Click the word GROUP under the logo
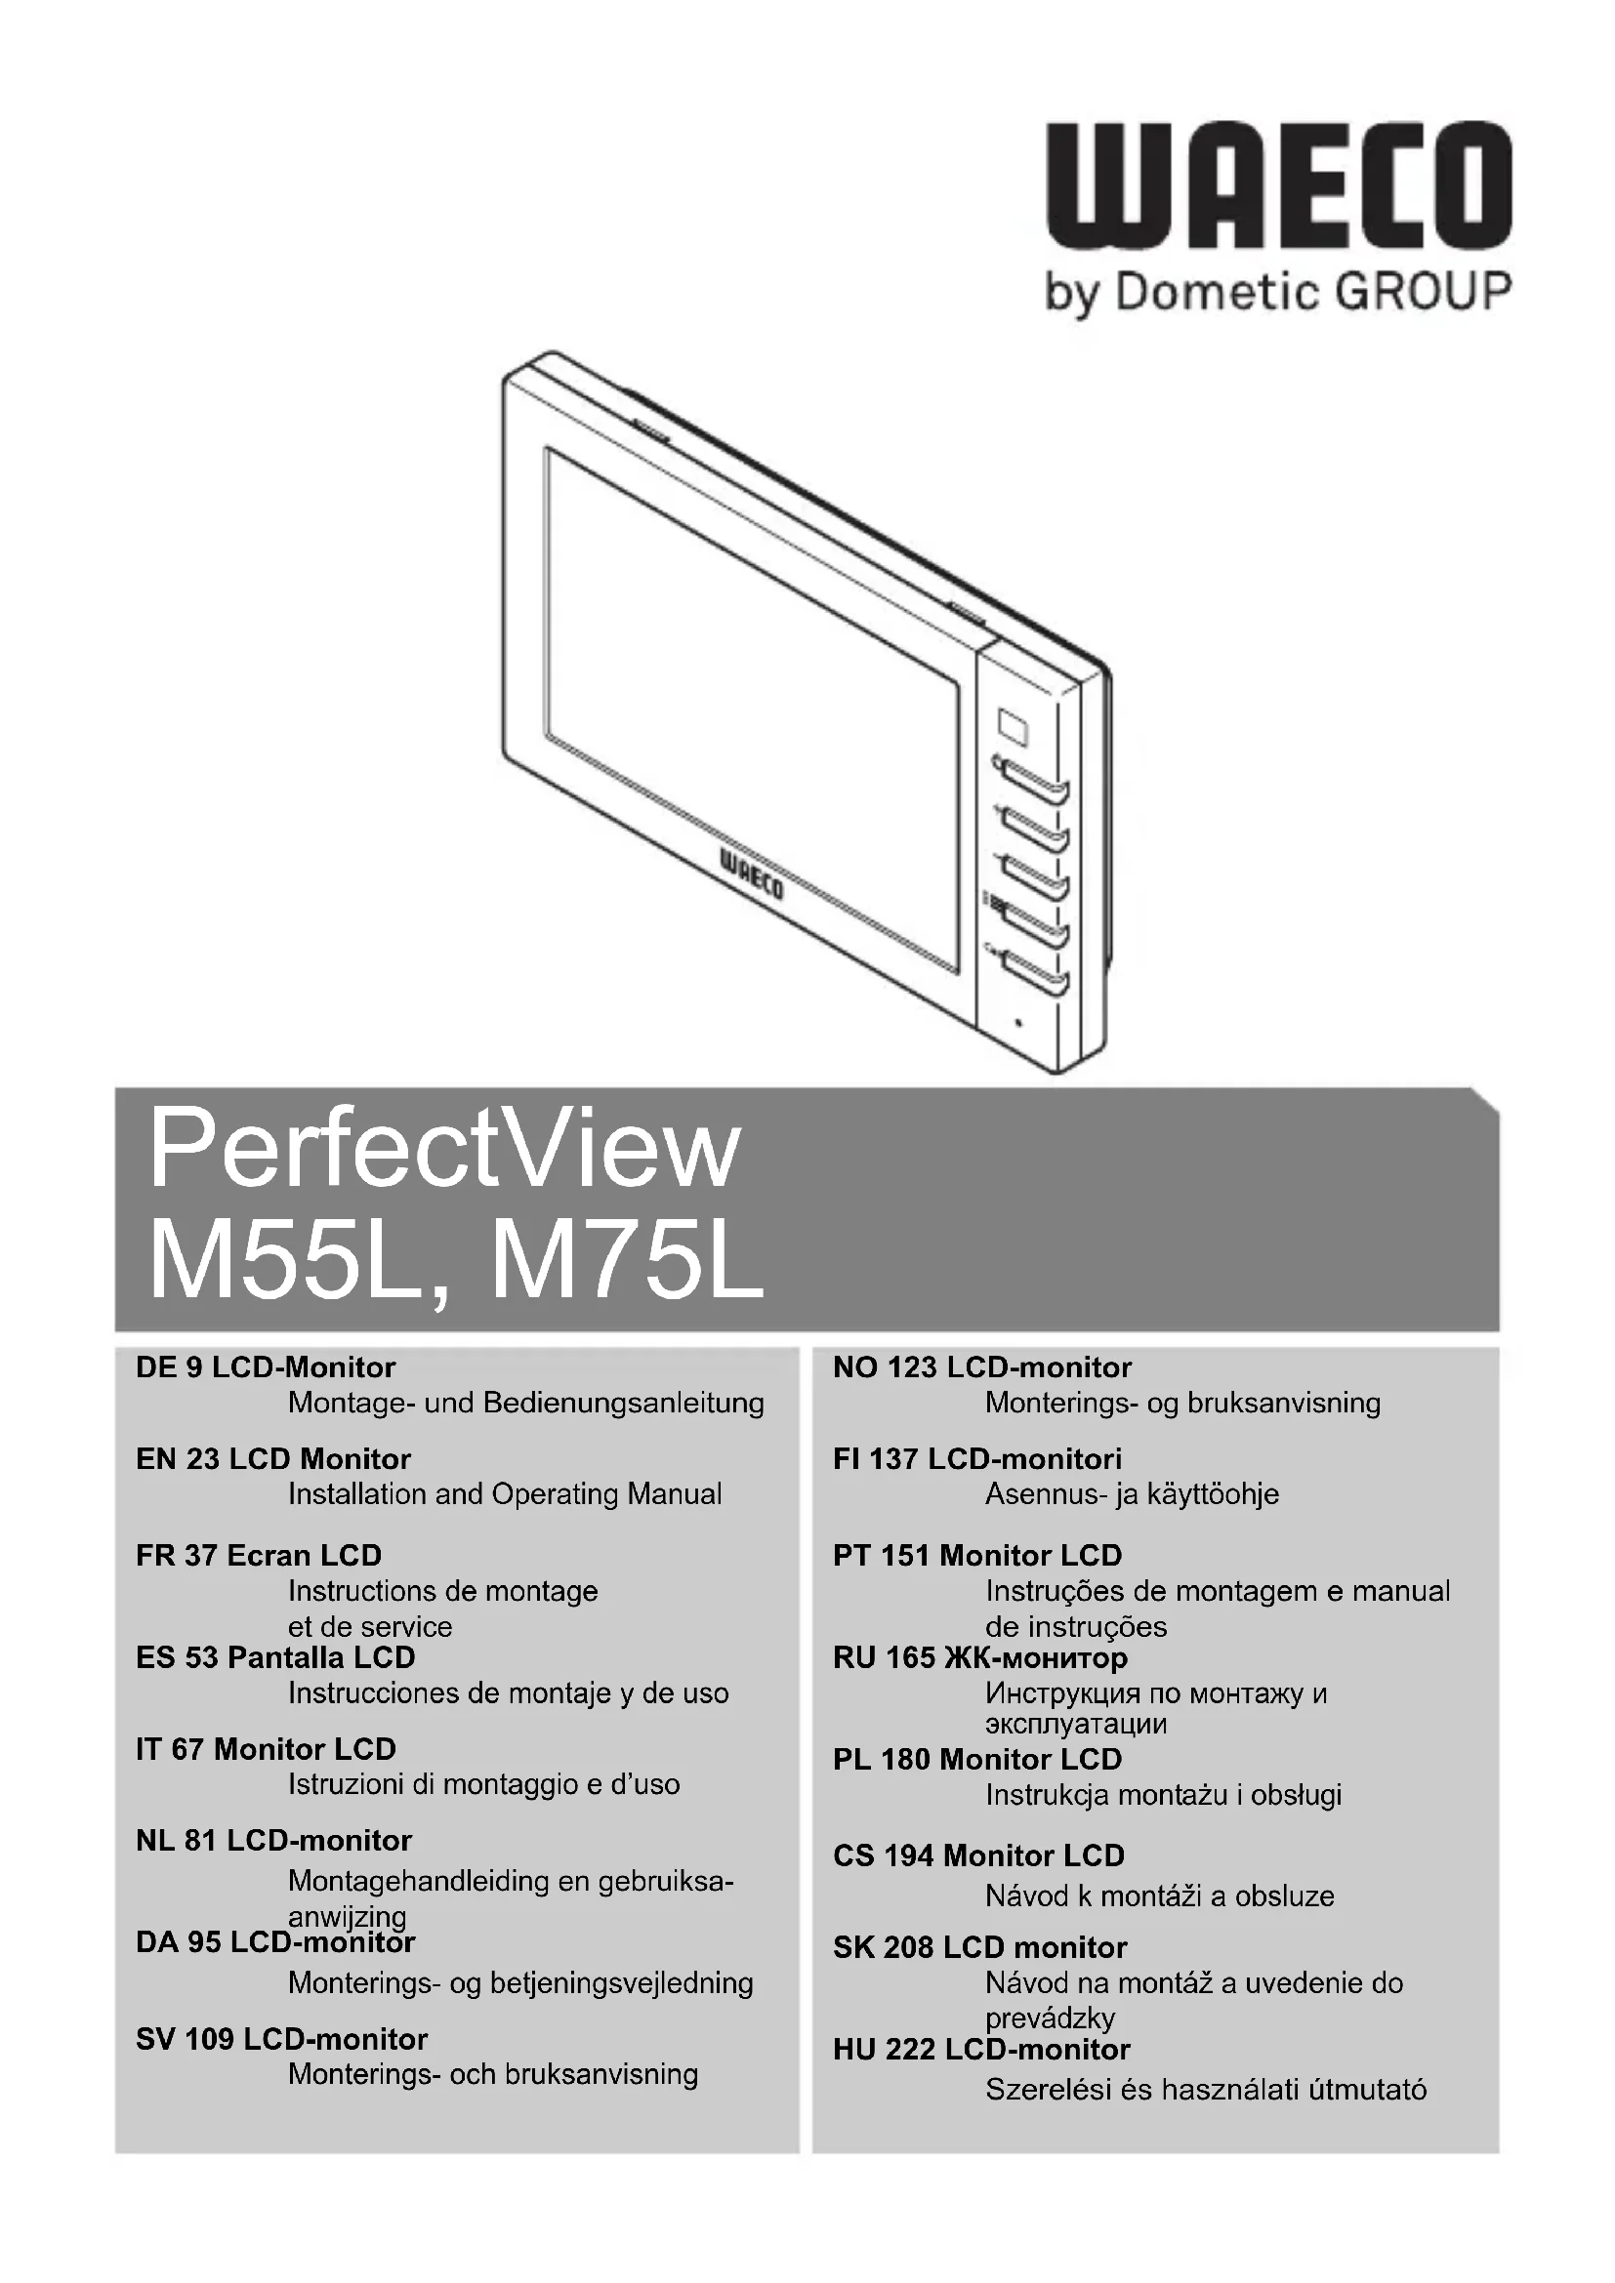pyautogui.click(x=1423, y=293)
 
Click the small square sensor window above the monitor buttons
pyautogui.click(x=1014, y=726)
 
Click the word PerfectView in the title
pyautogui.click(x=444, y=1151)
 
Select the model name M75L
pyautogui.click(x=627, y=1265)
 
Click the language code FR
pyautogui.click(x=155, y=1555)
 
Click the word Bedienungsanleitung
pyautogui.click(x=624, y=1403)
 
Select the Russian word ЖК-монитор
pyautogui.click(x=1035, y=1657)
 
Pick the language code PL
pyautogui.click(x=852, y=1759)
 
